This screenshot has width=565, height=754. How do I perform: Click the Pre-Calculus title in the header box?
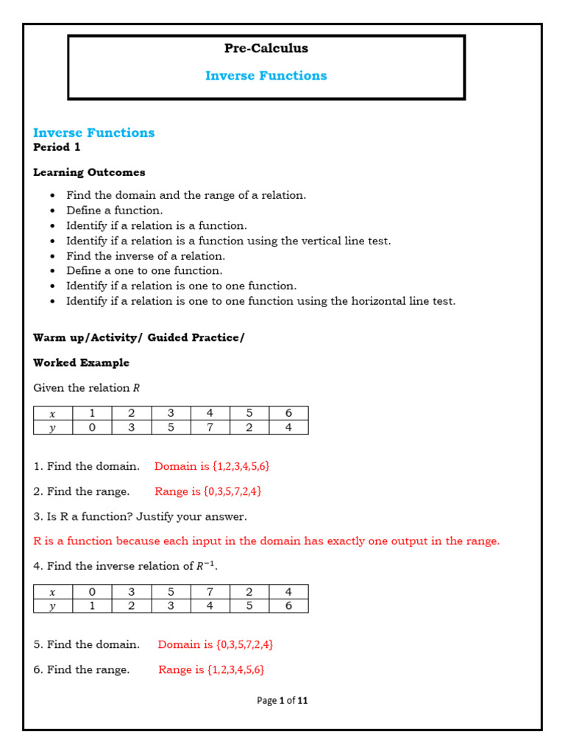pyautogui.click(x=266, y=49)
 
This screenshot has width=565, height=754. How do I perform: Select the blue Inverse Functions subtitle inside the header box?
pyautogui.click(x=266, y=76)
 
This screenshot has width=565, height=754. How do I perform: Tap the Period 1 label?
pyautogui.click(x=57, y=147)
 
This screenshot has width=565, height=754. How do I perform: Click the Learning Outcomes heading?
pyautogui.click(x=89, y=172)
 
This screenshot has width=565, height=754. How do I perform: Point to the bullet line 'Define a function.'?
pyautogui.click(x=114, y=211)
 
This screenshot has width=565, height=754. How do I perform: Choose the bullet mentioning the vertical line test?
pyautogui.click(x=228, y=241)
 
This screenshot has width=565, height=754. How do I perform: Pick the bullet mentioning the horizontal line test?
pyautogui.click(x=260, y=301)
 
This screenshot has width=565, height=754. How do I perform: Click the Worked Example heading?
pyautogui.click(x=81, y=363)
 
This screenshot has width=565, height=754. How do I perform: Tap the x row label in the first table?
pyautogui.click(x=52, y=414)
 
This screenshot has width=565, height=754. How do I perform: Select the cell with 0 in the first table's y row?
pyautogui.click(x=92, y=428)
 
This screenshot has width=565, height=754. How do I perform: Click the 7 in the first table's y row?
pyautogui.click(x=210, y=428)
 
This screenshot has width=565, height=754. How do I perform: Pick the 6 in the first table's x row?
pyautogui.click(x=288, y=414)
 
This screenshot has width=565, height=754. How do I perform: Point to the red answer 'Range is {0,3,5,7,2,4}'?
pyautogui.click(x=208, y=491)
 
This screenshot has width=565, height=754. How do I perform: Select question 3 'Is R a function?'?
pyautogui.click(x=140, y=517)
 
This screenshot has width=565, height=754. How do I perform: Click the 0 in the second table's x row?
pyautogui.click(x=92, y=592)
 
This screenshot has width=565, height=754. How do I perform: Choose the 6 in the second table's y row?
pyautogui.click(x=288, y=606)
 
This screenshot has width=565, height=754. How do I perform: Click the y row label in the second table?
pyautogui.click(x=52, y=606)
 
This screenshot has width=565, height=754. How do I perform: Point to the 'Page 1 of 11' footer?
pyautogui.click(x=282, y=701)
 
